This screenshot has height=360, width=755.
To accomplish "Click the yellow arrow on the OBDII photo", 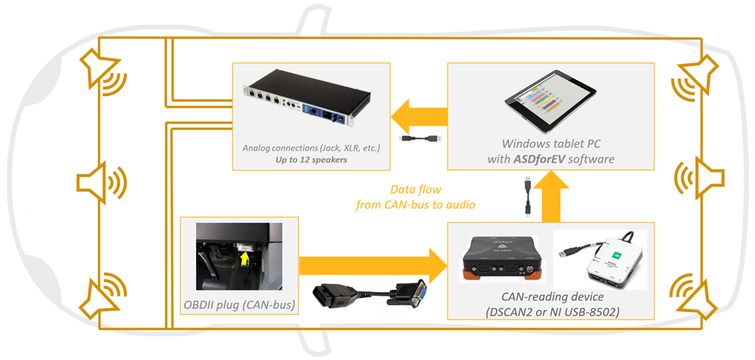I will pyautogui.click(x=244, y=260).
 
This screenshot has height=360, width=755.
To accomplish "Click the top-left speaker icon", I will pyautogui.click(x=103, y=73).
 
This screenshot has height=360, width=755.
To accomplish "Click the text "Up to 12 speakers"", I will pyautogui.click(x=311, y=160).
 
